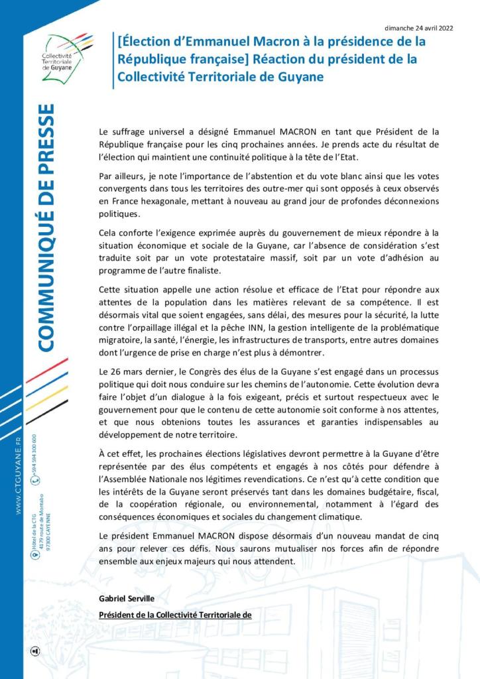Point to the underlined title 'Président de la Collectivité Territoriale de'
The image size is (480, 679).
[x=175, y=614]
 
